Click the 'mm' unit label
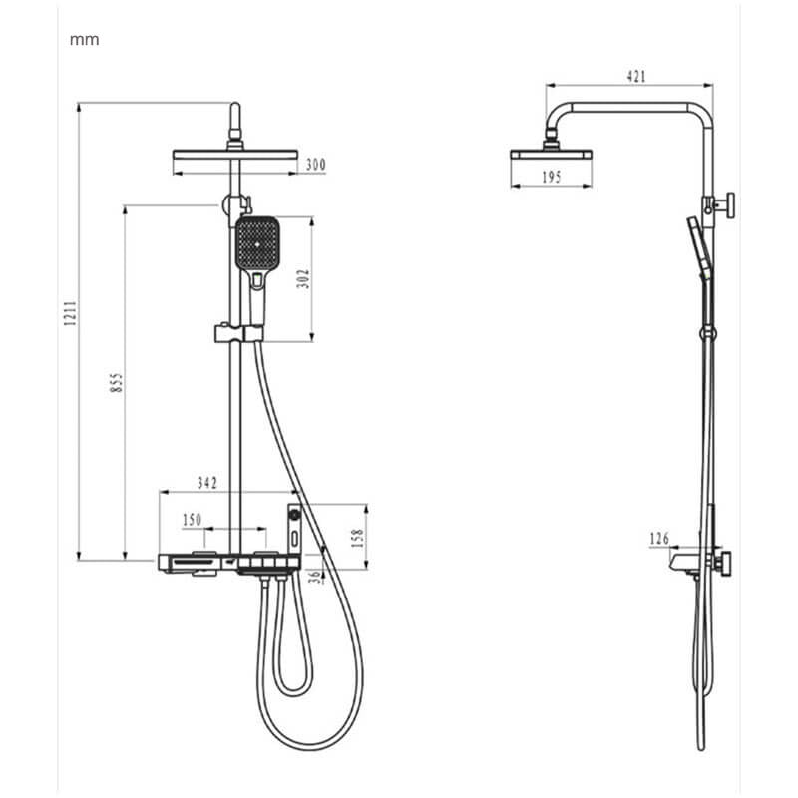(x=84, y=41)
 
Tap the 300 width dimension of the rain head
(x=315, y=164)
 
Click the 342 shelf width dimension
(x=206, y=483)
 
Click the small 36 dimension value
(x=315, y=576)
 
